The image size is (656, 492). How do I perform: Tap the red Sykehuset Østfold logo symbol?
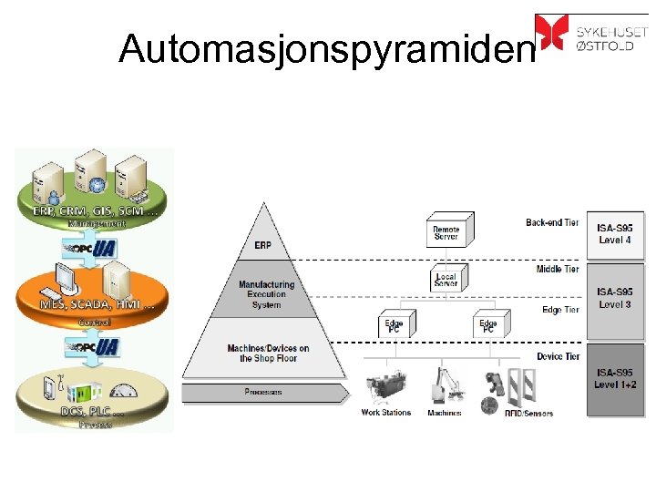pos(550,32)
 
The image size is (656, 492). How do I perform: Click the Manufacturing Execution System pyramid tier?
pos(266,294)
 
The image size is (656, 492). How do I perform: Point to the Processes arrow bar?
pos(263,393)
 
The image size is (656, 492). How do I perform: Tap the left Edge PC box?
pos(395,325)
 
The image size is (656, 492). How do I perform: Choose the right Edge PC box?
pos(489,325)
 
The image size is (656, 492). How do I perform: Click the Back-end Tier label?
pos(552,223)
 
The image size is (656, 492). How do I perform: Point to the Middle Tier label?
pos(558,270)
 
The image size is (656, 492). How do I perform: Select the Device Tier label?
pos(558,356)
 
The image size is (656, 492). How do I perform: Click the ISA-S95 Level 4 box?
pos(615,234)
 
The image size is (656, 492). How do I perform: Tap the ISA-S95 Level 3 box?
pos(615,298)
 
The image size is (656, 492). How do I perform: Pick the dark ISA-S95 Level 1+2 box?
pos(615,378)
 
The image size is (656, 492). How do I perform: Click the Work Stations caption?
pos(385,413)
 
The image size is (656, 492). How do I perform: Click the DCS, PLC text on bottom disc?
pos(91,411)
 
